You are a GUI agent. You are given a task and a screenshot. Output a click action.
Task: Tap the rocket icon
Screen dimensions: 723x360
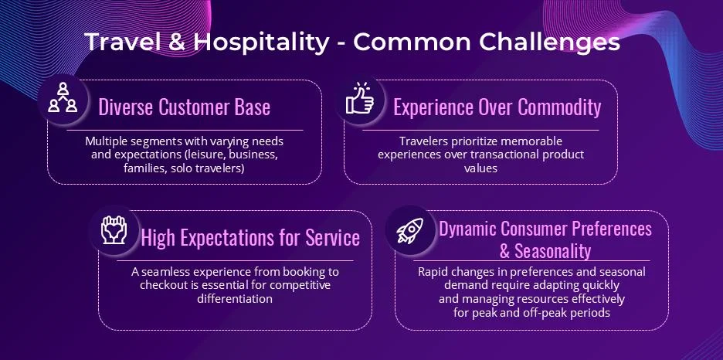pyautogui.click(x=410, y=231)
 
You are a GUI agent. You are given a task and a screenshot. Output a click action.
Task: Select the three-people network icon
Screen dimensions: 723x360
pyautogui.click(x=63, y=97)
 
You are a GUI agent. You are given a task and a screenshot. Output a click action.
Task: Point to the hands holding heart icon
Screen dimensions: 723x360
pyautogui.click(x=114, y=229)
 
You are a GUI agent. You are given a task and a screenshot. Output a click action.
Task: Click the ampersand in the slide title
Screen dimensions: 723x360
pyautogui.click(x=177, y=42)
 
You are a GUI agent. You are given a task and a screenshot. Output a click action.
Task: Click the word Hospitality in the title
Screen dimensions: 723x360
pyautogui.click(x=261, y=42)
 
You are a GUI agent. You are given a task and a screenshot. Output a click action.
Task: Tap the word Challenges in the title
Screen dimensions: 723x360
pyautogui.click(x=549, y=42)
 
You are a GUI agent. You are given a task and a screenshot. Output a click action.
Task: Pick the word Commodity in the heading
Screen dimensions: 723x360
pyautogui.click(x=559, y=107)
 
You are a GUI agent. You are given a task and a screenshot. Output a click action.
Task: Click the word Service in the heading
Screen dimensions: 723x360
pyautogui.click(x=332, y=237)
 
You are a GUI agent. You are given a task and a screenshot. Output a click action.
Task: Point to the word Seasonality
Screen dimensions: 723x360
pyautogui.click(x=552, y=251)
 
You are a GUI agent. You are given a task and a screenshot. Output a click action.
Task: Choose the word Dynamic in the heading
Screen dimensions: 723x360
pyautogui.click(x=467, y=229)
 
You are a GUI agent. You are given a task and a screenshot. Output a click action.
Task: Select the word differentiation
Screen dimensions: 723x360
pyautogui.click(x=235, y=299)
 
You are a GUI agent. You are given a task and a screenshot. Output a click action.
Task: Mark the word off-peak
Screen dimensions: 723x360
pyautogui.click(x=545, y=313)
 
